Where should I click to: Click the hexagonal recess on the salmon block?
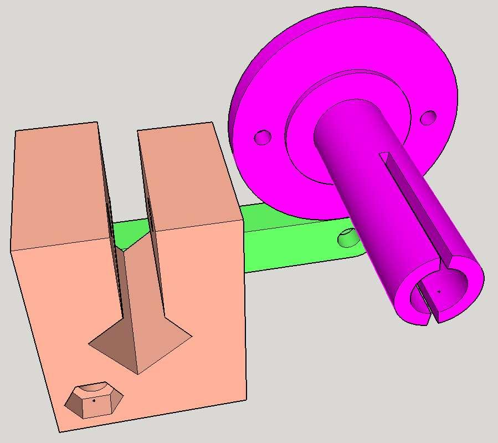point(94,399)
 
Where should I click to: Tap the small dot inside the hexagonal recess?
point(94,400)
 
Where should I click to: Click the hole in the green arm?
point(348,238)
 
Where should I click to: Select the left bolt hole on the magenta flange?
point(263,137)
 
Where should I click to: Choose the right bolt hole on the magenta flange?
point(428,118)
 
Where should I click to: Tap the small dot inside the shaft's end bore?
point(439,291)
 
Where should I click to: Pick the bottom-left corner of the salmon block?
point(58,431)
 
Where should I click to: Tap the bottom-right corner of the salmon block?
point(246,398)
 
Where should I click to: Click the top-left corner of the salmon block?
point(16,131)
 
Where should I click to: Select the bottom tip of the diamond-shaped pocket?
point(138,373)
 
